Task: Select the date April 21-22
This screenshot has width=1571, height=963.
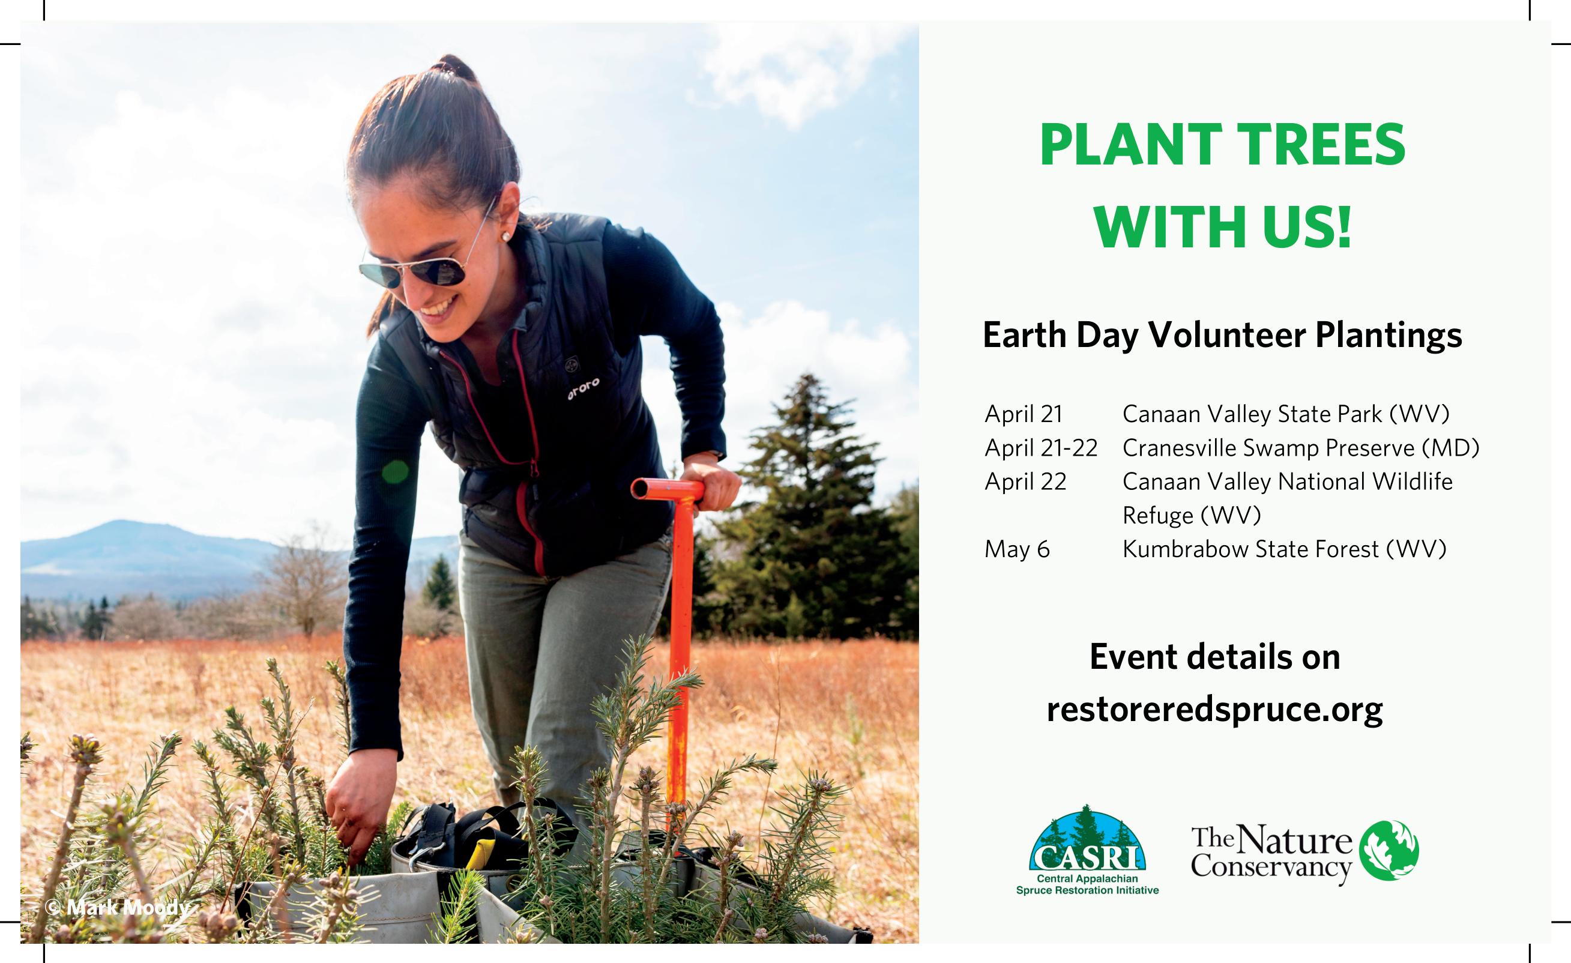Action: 1041,448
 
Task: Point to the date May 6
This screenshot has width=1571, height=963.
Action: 1017,549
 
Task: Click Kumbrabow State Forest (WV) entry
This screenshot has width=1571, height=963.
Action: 1285,549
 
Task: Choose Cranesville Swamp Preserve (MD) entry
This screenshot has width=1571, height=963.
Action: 1301,448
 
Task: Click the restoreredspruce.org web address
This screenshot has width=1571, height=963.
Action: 1214,709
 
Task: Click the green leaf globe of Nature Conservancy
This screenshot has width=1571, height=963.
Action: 1389,850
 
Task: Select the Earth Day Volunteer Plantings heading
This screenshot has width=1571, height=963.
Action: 1222,335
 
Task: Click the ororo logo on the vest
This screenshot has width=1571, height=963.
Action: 583,388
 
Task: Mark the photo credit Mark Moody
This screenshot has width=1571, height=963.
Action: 118,908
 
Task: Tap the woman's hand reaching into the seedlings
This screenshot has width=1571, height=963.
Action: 349,810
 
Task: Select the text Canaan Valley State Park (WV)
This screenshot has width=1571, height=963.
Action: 1286,414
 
